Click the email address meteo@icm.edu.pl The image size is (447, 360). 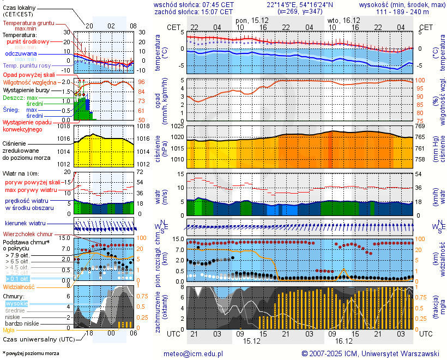pyautogui.click(x=194, y=353)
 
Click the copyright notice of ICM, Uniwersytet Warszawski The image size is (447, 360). pyautogui.click(x=371, y=353)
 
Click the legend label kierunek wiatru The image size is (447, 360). pyautogui.click(x=25, y=224)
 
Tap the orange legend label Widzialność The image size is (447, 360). pyautogui.click(x=19, y=286)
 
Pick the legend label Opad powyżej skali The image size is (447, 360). pyautogui.click(x=28, y=75)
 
